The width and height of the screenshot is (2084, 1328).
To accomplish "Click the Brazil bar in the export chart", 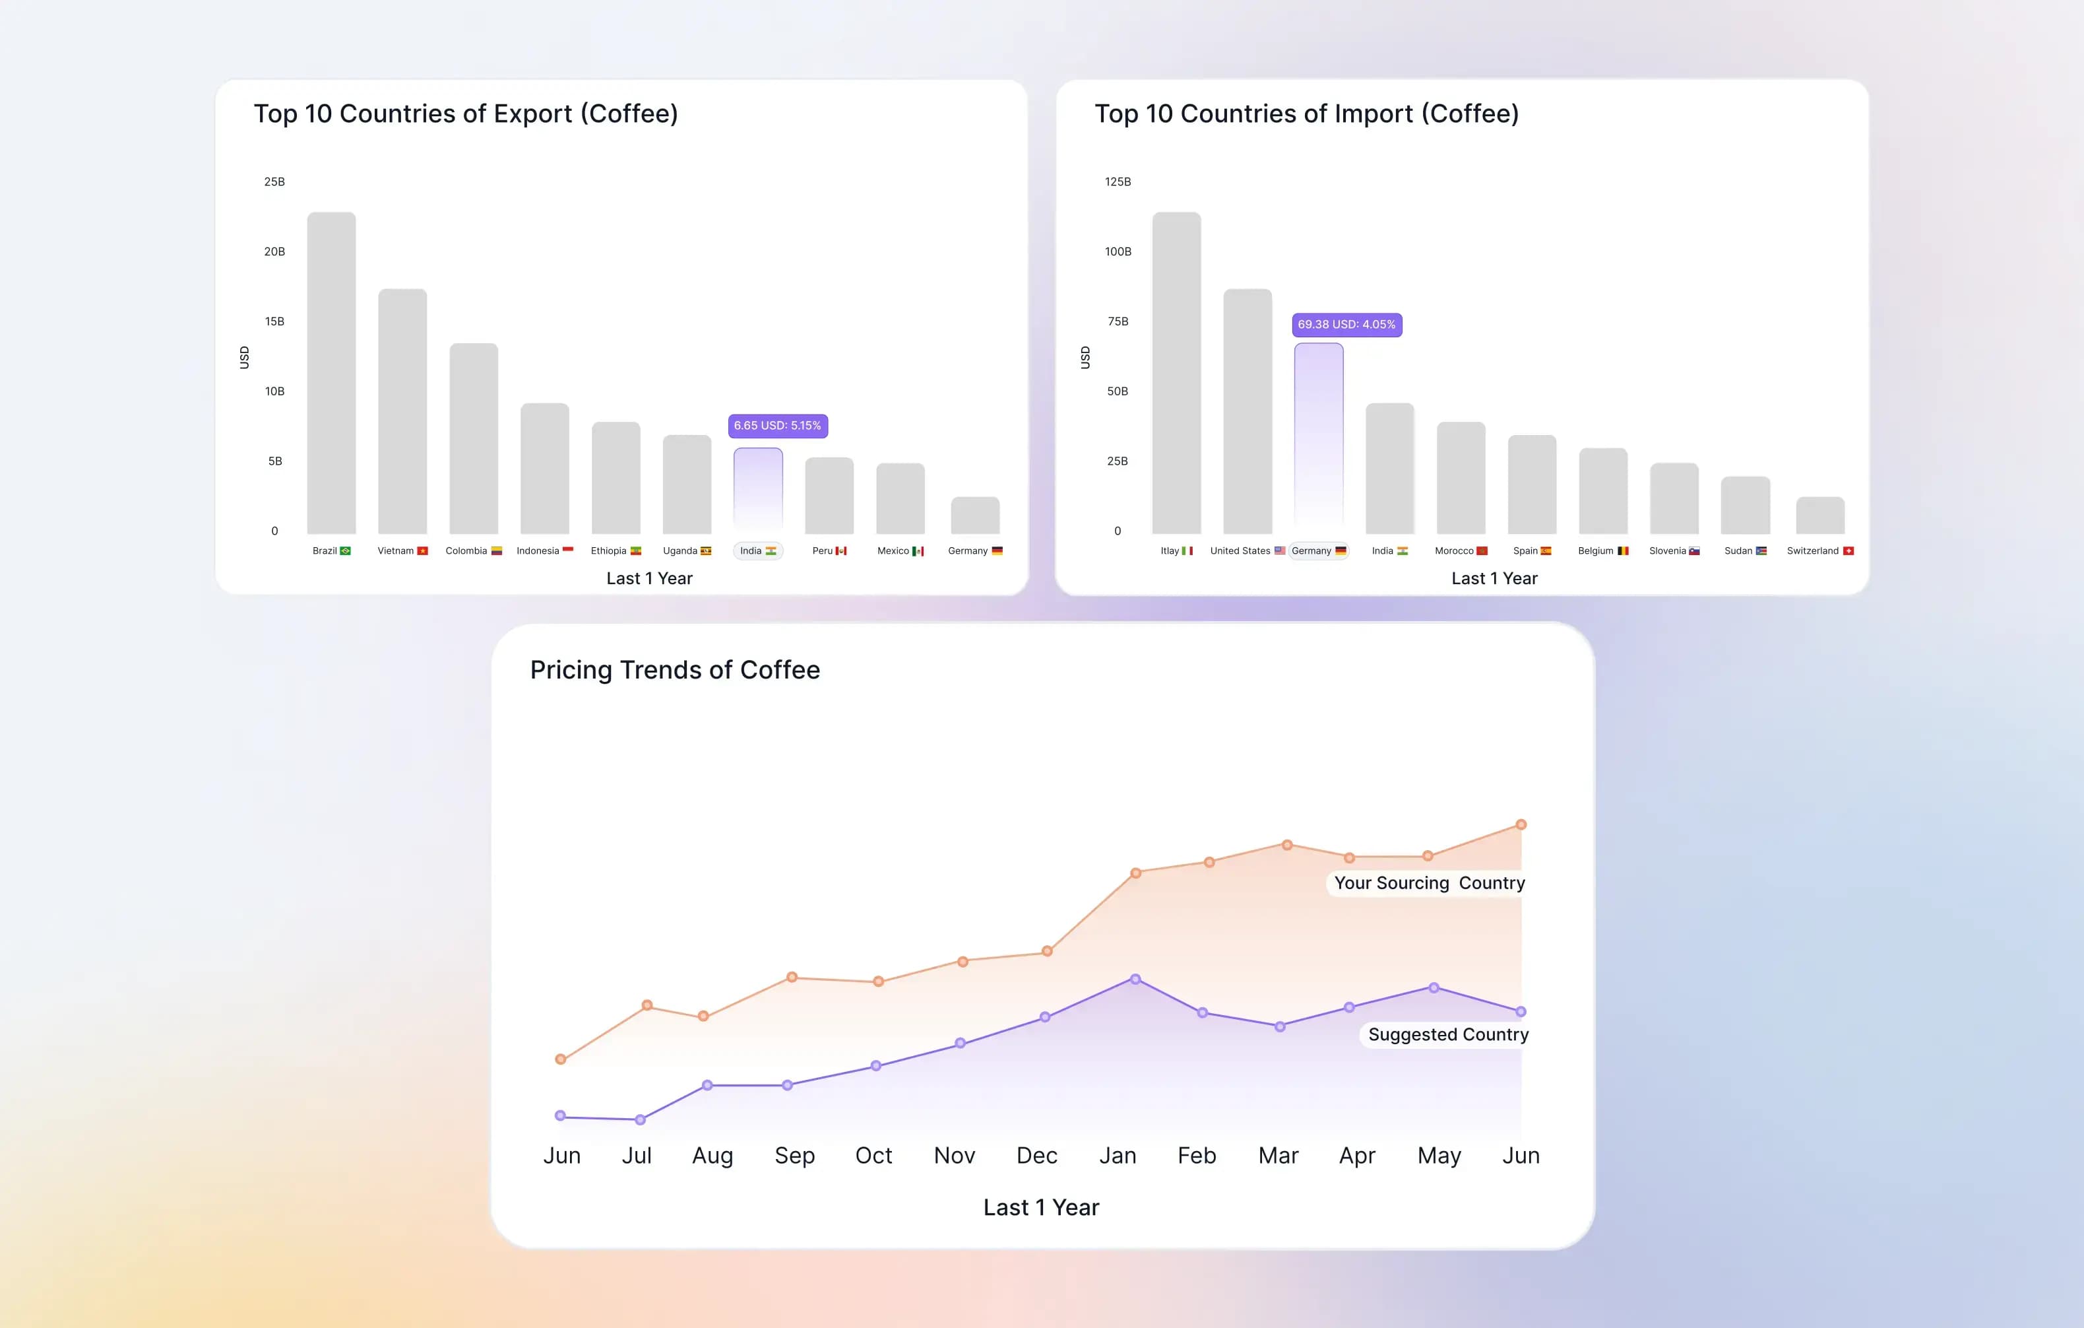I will point(331,372).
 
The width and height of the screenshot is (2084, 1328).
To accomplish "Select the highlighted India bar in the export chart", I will point(758,489).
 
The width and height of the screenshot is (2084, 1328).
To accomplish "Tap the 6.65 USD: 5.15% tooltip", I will point(777,426).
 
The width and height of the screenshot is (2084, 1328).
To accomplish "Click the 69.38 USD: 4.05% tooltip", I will point(1346,325).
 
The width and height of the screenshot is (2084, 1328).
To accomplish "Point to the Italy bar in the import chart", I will point(1176,372).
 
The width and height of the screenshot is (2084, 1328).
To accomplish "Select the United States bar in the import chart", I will point(1247,411).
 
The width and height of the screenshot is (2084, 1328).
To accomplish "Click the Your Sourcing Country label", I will point(1429,883).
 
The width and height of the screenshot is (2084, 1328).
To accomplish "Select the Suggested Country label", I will point(1448,1034).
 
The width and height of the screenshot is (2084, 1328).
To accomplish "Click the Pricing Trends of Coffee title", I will point(675,670).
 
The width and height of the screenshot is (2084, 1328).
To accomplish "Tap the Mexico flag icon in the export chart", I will point(918,551).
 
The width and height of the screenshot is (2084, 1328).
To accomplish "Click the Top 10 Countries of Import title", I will point(1307,114).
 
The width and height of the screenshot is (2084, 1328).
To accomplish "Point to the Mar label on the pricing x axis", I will point(1279,1156).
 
